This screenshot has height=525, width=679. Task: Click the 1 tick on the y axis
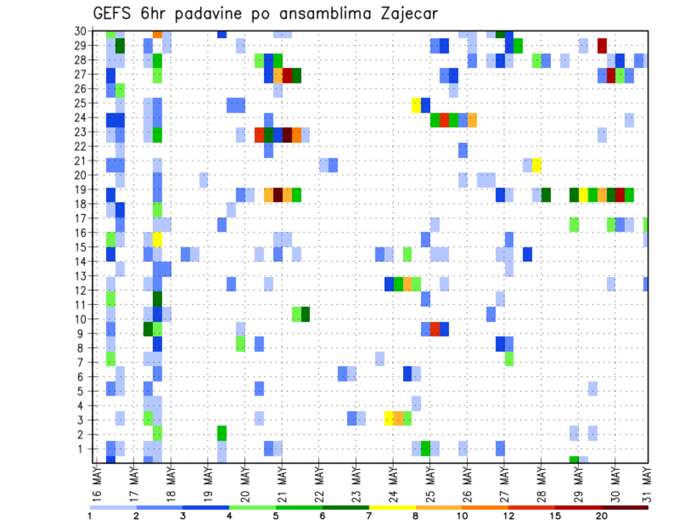coord(83,449)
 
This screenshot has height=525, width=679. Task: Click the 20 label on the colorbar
coord(602,516)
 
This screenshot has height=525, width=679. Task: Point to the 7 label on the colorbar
coord(369,516)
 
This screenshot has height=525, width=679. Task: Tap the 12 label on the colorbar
coord(509,516)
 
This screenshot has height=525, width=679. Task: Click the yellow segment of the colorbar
coord(393,507)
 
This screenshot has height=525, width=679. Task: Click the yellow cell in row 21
coord(537,165)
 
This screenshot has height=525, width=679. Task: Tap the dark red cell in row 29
coord(602,46)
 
